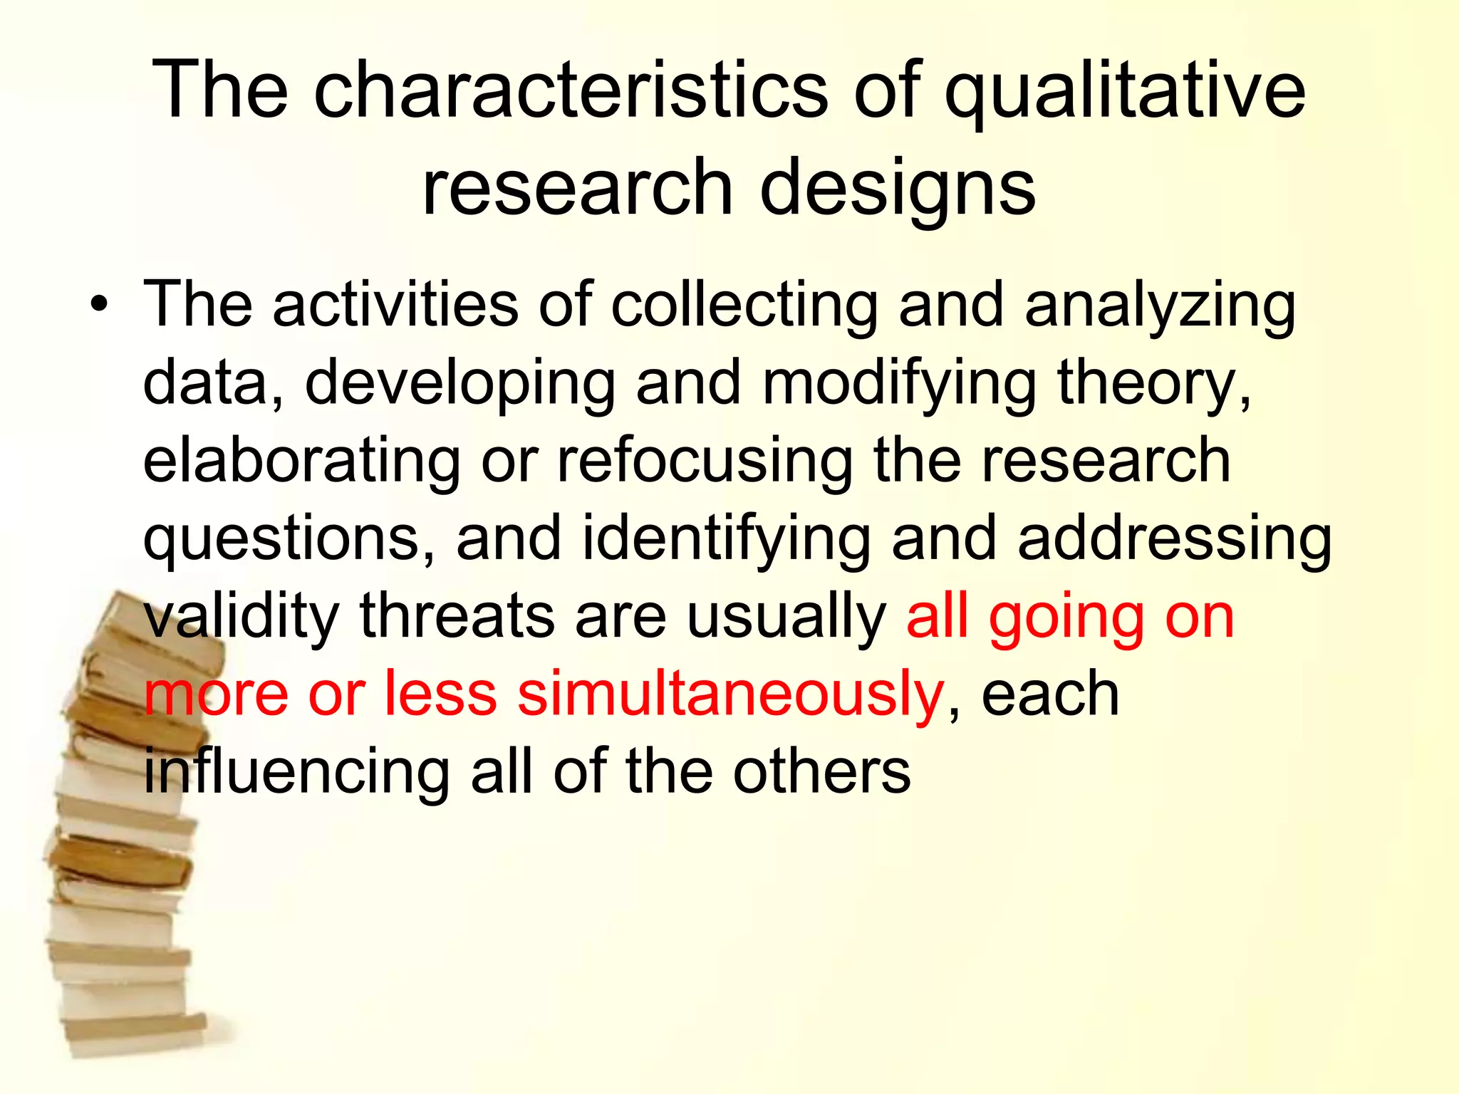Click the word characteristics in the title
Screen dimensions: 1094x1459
click(x=571, y=91)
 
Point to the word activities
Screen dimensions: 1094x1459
click(x=395, y=305)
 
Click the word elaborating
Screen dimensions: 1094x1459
click(x=302, y=462)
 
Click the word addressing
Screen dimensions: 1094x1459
click(x=1175, y=538)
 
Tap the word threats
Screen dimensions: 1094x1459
click(x=457, y=616)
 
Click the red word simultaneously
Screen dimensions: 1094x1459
click(x=730, y=695)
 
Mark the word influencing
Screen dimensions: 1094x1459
click(x=296, y=773)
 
